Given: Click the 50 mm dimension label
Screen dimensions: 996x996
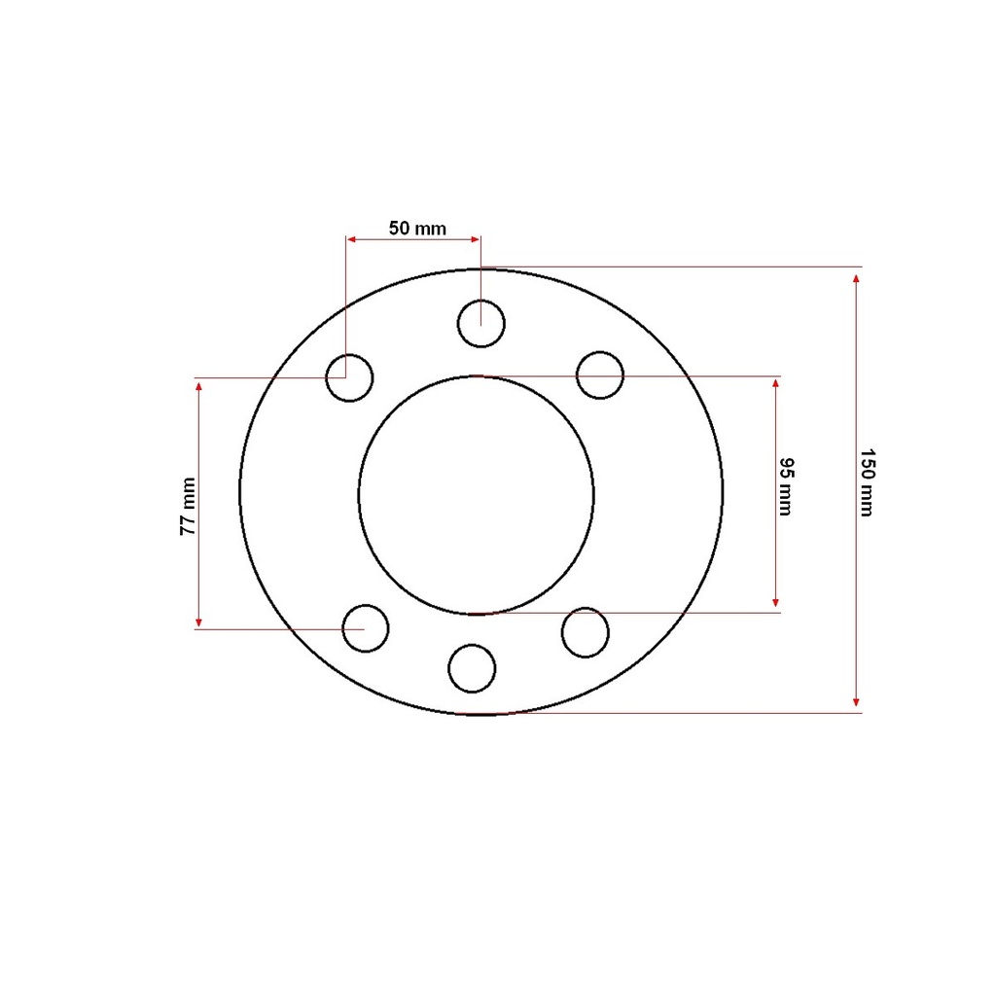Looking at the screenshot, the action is coord(417,228).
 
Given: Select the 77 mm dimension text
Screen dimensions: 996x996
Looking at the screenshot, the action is coord(188,506).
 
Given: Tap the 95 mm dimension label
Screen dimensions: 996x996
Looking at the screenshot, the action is coord(786,486).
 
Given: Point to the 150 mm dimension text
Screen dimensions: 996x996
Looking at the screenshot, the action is coord(868,482).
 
